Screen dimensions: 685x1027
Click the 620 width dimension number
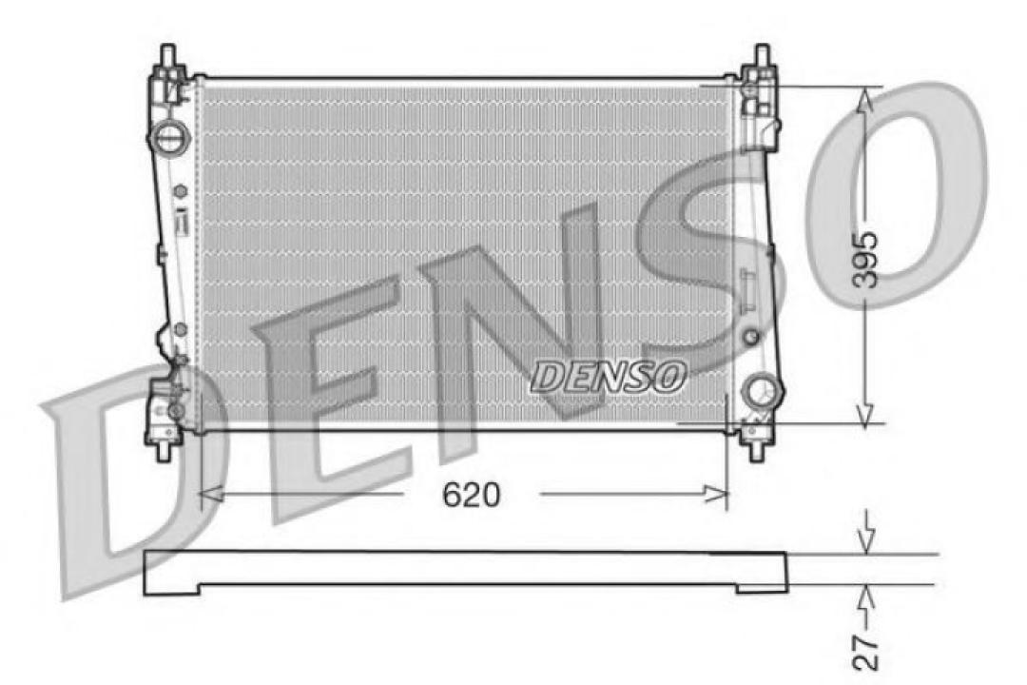pos(471,495)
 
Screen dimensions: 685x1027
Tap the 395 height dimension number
pos(864,259)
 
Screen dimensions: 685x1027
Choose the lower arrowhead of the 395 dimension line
pos(864,414)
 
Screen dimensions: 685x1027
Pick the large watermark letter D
pos(124,476)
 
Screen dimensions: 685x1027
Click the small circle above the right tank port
pos(750,337)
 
